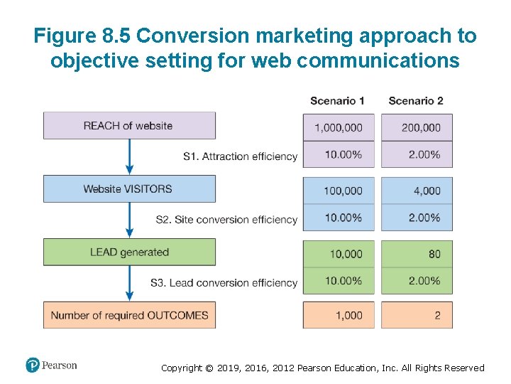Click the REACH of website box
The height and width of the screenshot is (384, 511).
[128, 125]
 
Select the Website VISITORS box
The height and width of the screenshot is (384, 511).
[128, 188]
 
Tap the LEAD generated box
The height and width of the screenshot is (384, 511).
[128, 252]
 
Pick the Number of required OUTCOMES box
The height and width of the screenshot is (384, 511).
[128, 315]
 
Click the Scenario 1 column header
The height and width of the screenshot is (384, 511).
[337, 100]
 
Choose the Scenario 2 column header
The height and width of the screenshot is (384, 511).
[416, 100]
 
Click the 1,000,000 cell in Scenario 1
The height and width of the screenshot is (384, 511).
[339, 127]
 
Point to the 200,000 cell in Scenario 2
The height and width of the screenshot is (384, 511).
[417, 127]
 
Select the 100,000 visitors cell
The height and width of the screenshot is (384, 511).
[339, 191]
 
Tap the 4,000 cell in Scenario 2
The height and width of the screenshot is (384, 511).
[417, 191]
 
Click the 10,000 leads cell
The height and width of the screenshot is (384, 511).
[339, 254]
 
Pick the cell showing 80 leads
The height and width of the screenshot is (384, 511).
[417, 254]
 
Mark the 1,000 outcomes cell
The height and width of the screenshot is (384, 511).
[339, 315]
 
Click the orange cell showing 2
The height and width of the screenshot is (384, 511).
[417, 315]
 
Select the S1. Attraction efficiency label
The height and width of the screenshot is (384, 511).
[240, 156]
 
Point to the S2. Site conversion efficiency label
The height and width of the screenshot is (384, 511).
[226, 219]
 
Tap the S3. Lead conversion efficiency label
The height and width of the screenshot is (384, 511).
[224, 282]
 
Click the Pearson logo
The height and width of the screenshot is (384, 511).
[51, 366]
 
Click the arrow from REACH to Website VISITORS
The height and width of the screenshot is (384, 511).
[129, 156]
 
